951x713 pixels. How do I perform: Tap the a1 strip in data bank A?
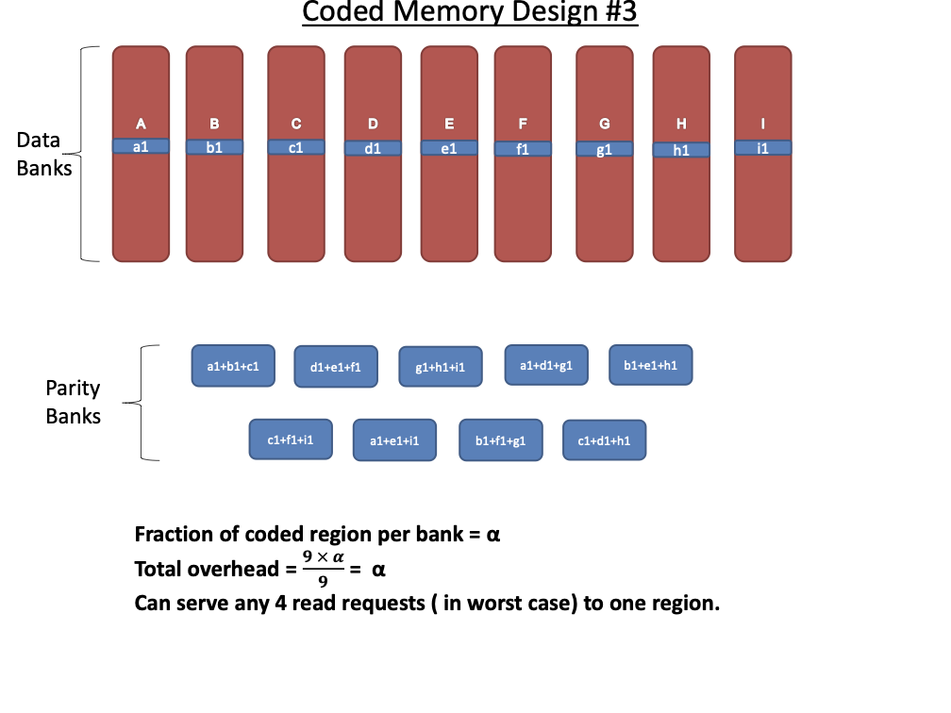[x=141, y=146]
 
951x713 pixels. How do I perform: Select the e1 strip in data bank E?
[x=449, y=148]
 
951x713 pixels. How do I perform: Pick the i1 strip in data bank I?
[x=762, y=148]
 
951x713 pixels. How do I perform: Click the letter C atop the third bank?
[x=296, y=124]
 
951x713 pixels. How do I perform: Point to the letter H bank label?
[x=681, y=124]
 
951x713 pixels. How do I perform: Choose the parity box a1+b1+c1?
[x=232, y=365]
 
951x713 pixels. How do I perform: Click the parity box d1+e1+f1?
[x=336, y=366]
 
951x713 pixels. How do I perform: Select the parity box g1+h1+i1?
[x=441, y=367]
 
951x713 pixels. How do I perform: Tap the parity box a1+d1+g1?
[x=546, y=365]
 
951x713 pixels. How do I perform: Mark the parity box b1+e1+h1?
[x=651, y=365]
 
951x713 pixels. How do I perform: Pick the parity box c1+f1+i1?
[x=291, y=439]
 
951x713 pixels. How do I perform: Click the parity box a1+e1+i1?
[x=394, y=440]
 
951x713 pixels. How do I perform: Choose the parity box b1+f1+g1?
[x=500, y=440]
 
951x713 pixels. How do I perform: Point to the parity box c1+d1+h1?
[x=604, y=440]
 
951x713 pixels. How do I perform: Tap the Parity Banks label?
[x=73, y=402]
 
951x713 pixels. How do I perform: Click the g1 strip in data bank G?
[x=604, y=149]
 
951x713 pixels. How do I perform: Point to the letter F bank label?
[x=523, y=124]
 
